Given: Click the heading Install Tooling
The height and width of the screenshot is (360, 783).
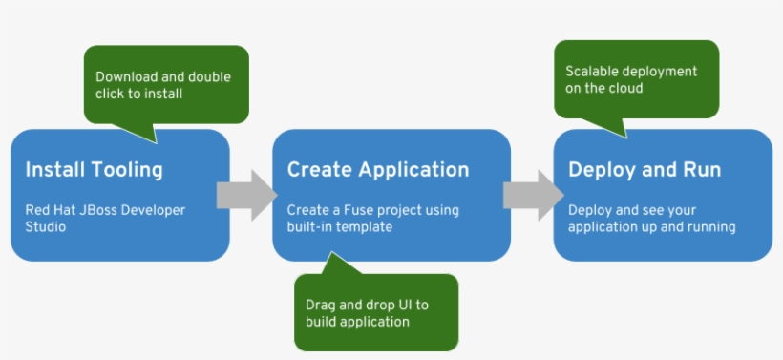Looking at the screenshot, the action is [x=94, y=170].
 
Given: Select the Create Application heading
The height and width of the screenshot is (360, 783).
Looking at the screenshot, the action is [x=378, y=170].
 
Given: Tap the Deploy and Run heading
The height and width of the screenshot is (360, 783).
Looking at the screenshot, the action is [x=645, y=170].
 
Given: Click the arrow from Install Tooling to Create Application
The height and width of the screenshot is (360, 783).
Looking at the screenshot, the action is [x=246, y=195].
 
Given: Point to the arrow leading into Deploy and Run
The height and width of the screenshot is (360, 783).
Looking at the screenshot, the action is [x=534, y=195].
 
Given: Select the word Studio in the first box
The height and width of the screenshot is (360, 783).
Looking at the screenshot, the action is [x=46, y=226].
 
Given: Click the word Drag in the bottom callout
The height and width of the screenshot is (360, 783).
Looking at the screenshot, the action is [x=318, y=305].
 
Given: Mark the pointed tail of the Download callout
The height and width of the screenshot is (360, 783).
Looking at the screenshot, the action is [x=157, y=143].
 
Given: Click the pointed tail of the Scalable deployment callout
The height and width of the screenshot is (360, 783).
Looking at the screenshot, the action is [x=626, y=137].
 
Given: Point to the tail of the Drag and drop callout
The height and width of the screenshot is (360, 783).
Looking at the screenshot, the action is [x=330, y=252].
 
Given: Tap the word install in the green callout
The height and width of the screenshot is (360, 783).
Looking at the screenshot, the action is [x=166, y=94].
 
